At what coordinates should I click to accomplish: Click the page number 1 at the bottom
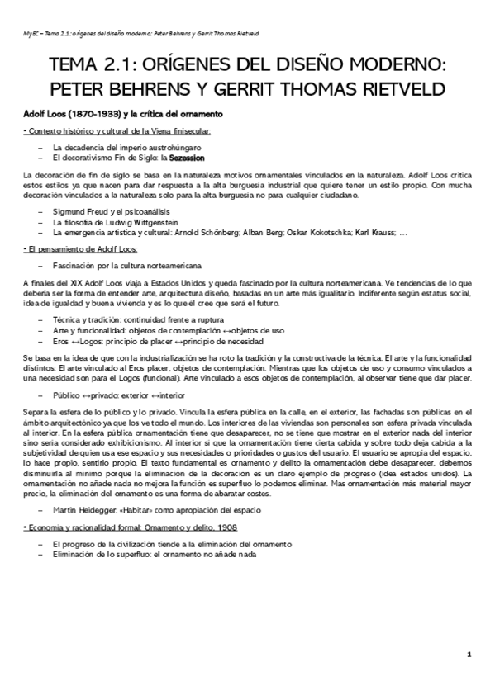469,655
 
